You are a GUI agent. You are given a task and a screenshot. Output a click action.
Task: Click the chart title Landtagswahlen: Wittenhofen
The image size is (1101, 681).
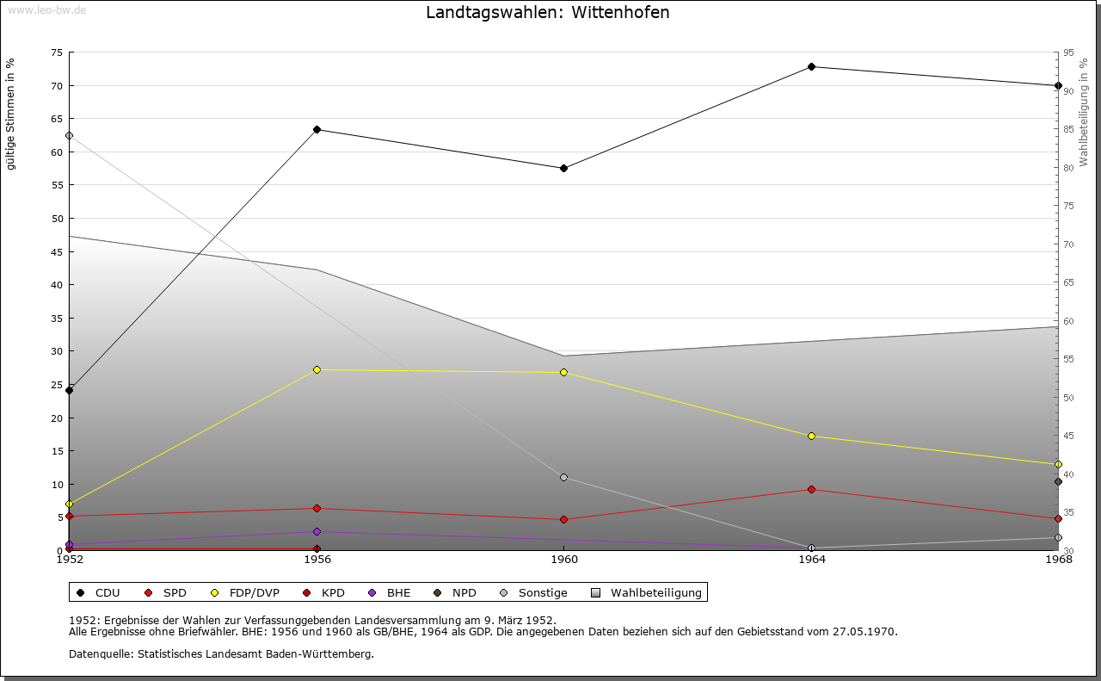tap(547, 13)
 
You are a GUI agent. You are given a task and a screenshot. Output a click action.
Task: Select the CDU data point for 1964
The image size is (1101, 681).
tap(811, 66)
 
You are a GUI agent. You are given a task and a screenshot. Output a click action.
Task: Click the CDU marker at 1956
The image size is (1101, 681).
tap(317, 129)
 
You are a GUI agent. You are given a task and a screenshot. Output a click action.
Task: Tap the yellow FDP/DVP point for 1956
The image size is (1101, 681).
tap(317, 369)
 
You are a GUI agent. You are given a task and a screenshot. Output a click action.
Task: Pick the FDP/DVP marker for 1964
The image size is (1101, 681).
tap(811, 436)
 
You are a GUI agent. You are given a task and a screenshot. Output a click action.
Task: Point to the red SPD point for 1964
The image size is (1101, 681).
tap(811, 489)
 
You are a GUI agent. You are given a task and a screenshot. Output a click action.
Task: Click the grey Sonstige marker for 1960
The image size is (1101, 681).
tap(563, 477)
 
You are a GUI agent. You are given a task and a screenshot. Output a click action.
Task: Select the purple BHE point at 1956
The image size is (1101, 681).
tap(317, 531)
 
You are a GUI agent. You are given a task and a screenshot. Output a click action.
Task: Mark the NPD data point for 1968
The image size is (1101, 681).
tap(1058, 481)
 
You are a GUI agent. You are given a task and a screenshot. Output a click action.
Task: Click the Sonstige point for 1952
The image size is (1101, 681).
tap(70, 135)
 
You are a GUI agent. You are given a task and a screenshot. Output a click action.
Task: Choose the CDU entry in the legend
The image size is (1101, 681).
tap(99, 592)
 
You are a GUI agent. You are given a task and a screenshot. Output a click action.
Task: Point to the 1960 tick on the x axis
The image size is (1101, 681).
tap(563, 560)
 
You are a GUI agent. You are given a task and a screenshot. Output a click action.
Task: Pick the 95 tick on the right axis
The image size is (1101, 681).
tap(1068, 53)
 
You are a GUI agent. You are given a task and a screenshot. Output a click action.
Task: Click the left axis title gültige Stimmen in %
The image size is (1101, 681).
tap(11, 114)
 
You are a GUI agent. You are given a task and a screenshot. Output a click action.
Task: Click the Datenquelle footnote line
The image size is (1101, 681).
tap(221, 653)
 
